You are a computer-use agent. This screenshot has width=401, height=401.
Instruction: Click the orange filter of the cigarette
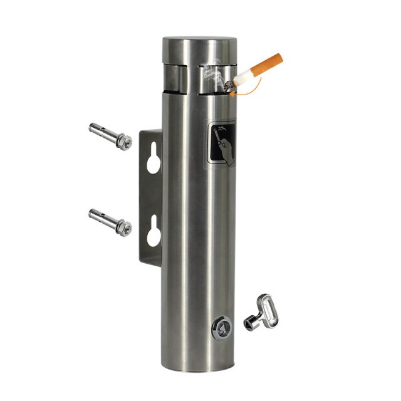pos(268,63)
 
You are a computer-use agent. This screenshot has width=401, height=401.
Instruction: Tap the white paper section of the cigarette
pos(246,75)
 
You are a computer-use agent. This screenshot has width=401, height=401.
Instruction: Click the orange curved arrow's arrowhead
pos(233,95)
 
